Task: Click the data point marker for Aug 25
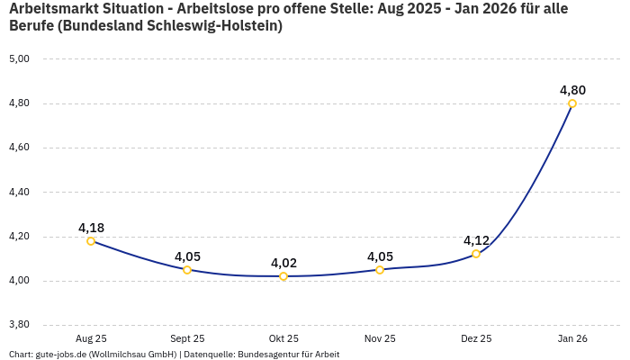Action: click(91, 241)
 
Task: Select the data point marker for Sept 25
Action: click(187, 270)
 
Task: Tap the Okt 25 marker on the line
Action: click(283, 276)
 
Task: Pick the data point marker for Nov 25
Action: click(380, 270)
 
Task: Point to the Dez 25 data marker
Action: click(476, 254)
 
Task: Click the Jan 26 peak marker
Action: click(572, 103)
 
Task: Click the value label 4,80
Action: click(572, 90)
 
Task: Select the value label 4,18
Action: click(91, 228)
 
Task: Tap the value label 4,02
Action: click(283, 263)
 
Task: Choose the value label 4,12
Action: click(476, 240)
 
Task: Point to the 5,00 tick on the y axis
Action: click(19, 59)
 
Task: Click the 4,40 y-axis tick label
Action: click(19, 192)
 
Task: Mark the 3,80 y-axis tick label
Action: click(19, 325)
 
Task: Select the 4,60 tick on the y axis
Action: click(19, 148)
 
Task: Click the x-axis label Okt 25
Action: click(283, 338)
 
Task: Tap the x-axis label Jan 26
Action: click(572, 338)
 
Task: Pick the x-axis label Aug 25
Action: click(91, 338)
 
